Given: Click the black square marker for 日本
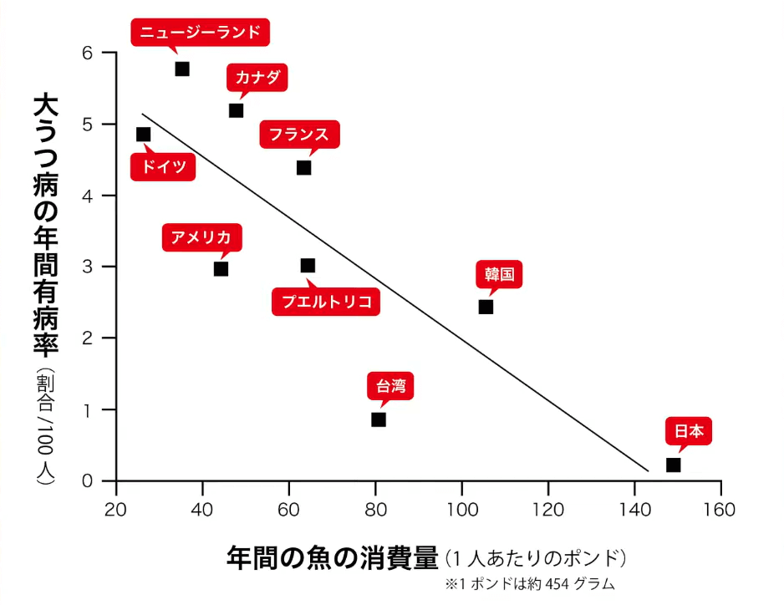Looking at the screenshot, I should click(x=673, y=465).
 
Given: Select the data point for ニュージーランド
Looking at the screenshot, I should click(x=182, y=69).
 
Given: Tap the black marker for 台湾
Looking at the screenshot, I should click(x=379, y=419).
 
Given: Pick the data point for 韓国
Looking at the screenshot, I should click(x=486, y=307).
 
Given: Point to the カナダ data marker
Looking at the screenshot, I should click(x=236, y=110).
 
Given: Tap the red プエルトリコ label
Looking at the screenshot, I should click(x=326, y=302).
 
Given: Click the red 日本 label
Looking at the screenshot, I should click(x=689, y=432).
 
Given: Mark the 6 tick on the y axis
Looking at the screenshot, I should click(x=109, y=53).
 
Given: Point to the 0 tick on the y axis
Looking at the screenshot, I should click(x=109, y=481).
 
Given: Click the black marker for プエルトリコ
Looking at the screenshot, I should click(x=308, y=266).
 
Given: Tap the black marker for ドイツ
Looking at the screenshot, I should click(x=143, y=135).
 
